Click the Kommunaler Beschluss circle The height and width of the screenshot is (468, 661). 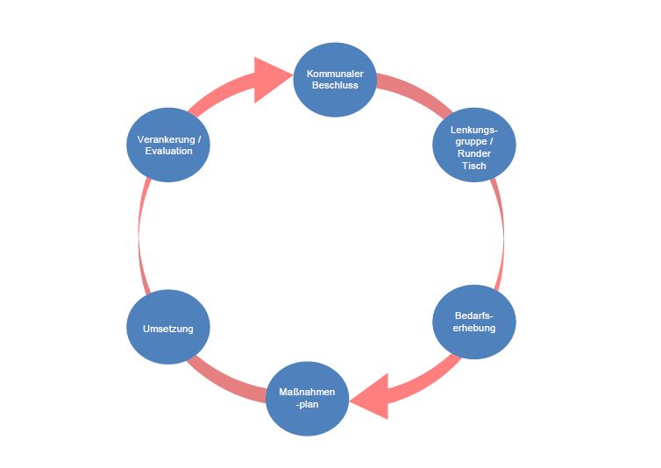[335, 80]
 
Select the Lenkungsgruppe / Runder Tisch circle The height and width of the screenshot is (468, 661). [474, 145]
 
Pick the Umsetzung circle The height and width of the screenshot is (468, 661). [167, 329]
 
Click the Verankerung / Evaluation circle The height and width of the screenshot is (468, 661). [168, 145]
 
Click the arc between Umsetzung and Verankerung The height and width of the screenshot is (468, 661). [143, 237]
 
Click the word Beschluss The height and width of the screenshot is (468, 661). [335, 85]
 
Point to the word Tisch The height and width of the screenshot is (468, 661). [474, 165]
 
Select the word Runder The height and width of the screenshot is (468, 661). [474, 153]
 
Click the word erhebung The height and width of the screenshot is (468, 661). [475, 328]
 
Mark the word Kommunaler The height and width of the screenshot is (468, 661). [335, 74]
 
